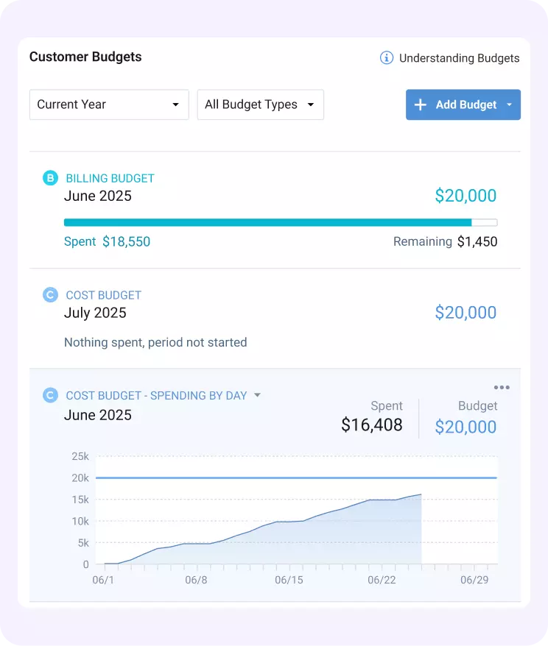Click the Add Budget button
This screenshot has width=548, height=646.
pyautogui.click(x=463, y=104)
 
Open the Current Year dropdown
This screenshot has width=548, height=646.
pyautogui.click(x=109, y=104)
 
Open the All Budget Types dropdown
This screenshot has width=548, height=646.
pyautogui.click(x=260, y=104)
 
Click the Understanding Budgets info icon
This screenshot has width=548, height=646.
pyautogui.click(x=387, y=58)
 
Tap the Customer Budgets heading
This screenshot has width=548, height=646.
pyautogui.click(x=85, y=57)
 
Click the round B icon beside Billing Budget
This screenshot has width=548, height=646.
pyautogui.click(x=50, y=178)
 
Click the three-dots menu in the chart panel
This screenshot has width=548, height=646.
pyautogui.click(x=502, y=388)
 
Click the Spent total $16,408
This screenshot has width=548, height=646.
pyautogui.click(x=372, y=425)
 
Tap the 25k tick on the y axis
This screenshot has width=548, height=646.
pyautogui.click(x=80, y=456)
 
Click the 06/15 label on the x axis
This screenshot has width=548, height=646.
pyautogui.click(x=289, y=580)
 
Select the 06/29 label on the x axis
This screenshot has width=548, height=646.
pyautogui.click(x=474, y=580)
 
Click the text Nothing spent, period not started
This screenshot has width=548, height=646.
pyautogui.click(x=155, y=342)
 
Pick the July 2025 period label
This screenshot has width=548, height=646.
pyautogui.click(x=95, y=313)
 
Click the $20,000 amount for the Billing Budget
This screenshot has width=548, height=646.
pyautogui.click(x=466, y=196)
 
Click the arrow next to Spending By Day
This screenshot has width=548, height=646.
pyautogui.click(x=257, y=395)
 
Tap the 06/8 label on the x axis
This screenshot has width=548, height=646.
pyautogui.click(x=197, y=580)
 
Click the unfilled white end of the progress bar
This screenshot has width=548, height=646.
pyautogui.click(x=484, y=222)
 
